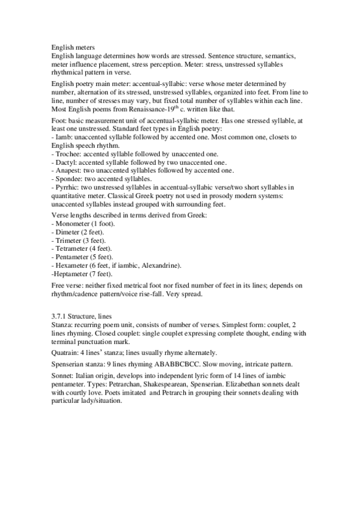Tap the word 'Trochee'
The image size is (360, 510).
pos(67,154)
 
